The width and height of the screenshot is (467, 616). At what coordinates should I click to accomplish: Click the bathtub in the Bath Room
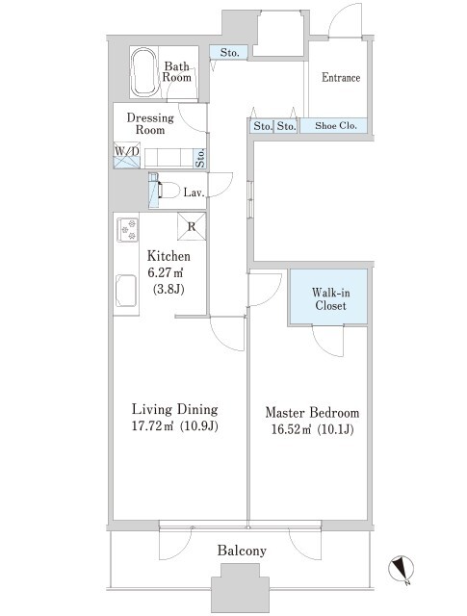143,73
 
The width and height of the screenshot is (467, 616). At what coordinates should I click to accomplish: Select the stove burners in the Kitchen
127,229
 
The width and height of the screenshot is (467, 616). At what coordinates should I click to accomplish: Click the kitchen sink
126,291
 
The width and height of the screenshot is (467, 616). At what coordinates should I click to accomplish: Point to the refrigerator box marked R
192,226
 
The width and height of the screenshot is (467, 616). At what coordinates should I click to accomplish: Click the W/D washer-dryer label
126,151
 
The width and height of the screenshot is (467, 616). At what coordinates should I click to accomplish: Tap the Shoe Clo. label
336,126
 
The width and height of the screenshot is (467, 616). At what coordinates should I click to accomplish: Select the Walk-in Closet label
330,299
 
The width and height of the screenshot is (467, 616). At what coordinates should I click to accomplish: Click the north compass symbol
402,569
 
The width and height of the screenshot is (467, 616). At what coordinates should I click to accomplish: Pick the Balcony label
242,551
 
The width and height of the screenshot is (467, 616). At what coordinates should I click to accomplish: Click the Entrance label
341,77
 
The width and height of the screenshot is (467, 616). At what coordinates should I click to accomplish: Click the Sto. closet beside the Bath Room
229,52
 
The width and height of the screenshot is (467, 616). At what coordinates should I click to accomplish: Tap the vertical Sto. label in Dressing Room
200,158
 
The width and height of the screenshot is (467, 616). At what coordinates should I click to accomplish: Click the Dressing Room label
150,124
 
